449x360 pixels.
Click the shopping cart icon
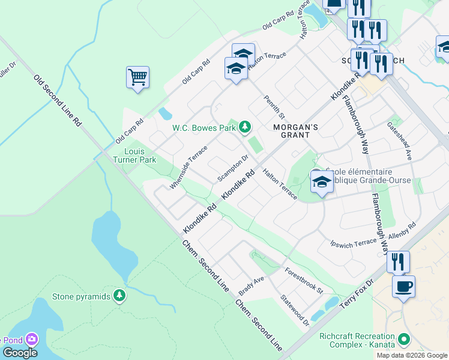tap(137, 77)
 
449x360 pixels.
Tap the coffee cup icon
tap(403, 286)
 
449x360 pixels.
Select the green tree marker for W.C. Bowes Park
tap(244, 127)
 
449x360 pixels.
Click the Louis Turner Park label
tap(135, 155)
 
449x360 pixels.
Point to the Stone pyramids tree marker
tap(119, 296)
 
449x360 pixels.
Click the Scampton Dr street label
tap(233, 168)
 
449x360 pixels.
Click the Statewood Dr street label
tap(295, 310)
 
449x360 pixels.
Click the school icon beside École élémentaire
tap(322, 181)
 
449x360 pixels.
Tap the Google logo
tap(20, 353)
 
